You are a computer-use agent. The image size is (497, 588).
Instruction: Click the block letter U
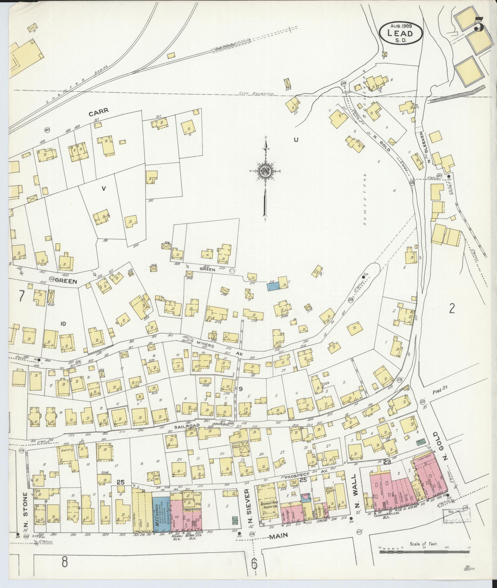(x=296, y=140)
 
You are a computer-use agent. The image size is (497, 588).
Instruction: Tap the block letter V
(x=103, y=189)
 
